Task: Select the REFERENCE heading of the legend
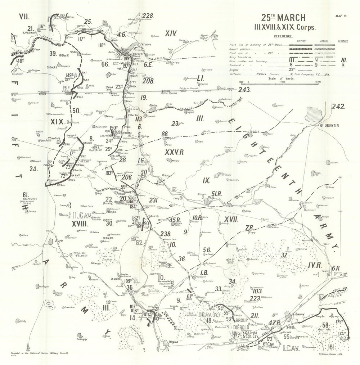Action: pos(283,36)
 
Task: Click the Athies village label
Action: pos(153,105)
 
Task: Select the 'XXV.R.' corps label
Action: pos(174,152)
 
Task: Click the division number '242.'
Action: pos(338,106)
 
